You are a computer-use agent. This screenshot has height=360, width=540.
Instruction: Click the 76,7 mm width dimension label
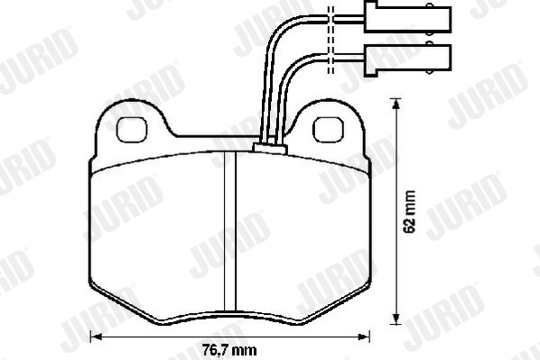pyautogui.click(x=229, y=350)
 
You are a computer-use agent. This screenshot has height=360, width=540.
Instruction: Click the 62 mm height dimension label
pyautogui.click(x=410, y=212)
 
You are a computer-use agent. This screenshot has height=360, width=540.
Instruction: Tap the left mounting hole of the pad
pyautogui.click(x=132, y=129)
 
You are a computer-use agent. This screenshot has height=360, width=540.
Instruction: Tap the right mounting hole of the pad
pyautogui.click(x=328, y=129)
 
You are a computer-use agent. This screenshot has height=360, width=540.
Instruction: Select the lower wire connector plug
pyautogui.click(x=408, y=60)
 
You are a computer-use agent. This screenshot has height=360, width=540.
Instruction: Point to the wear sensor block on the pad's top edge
pyautogui.click(x=270, y=148)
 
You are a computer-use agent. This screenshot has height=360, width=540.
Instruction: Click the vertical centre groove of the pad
pyautogui.click(x=230, y=231)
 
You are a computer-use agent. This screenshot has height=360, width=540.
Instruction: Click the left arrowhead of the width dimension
pyautogui.click(x=96, y=337)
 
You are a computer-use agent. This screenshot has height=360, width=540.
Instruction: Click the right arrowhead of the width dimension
pyautogui.click(x=364, y=337)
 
